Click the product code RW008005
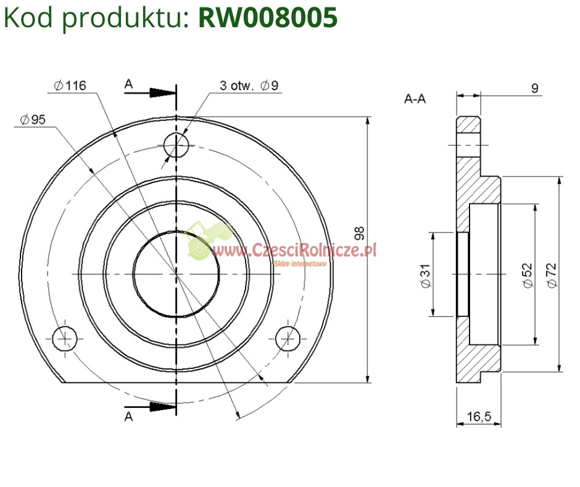pyautogui.click(x=268, y=19)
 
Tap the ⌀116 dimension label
pyautogui.click(x=69, y=86)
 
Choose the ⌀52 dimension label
pyautogui.click(x=526, y=274)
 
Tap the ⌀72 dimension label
pyautogui.click(x=551, y=274)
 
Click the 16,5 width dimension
pyautogui.click(x=478, y=417)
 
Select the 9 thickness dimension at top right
pyautogui.click(x=534, y=88)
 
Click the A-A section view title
pyautogui.click(x=415, y=98)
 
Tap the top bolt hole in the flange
pyautogui.click(x=176, y=146)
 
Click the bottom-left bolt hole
pyautogui.click(x=64, y=338)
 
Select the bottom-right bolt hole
pyautogui.click(x=287, y=338)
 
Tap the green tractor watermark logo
pyautogui.click(x=208, y=241)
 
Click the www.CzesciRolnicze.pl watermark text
pyautogui.click(x=295, y=250)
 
